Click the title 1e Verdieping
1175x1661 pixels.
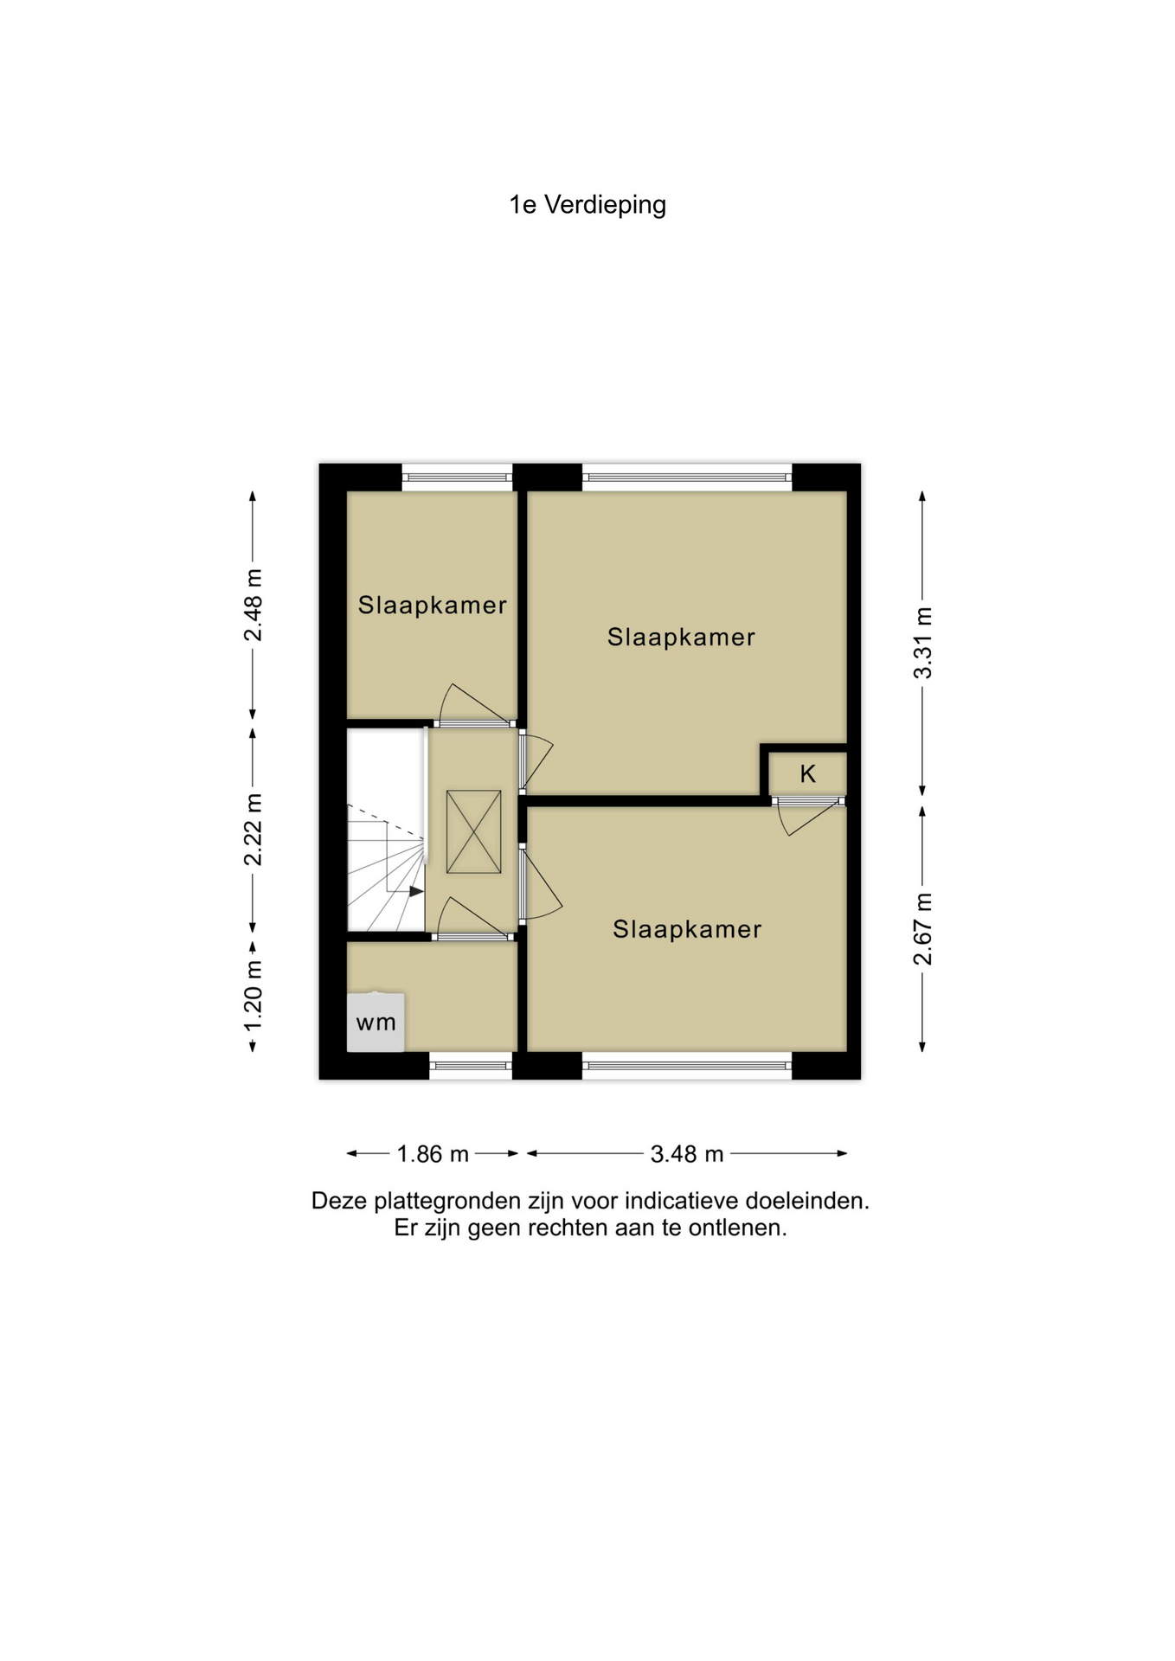(587, 205)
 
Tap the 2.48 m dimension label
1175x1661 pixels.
(253, 606)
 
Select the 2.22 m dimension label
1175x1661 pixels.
(253, 829)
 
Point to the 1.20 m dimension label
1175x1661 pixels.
(253, 997)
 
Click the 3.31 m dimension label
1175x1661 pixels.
(923, 643)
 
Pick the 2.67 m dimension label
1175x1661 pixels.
(923, 928)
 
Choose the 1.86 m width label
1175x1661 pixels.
(433, 1154)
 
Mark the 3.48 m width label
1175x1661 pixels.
(687, 1154)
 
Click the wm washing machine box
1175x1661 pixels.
(376, 1022)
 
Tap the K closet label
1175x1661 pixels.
(808, 773)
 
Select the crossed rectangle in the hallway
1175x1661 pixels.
(473, 831)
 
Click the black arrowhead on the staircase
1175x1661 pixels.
(416, 891)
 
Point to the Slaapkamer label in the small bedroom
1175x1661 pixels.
(433, 605)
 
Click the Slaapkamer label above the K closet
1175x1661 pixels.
(681, 638)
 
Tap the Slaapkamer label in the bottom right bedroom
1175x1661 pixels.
(687, 929)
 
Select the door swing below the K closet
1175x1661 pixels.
(809, 818)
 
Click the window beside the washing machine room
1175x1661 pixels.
(471, 1066)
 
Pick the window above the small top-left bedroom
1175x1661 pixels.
(458, 477)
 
